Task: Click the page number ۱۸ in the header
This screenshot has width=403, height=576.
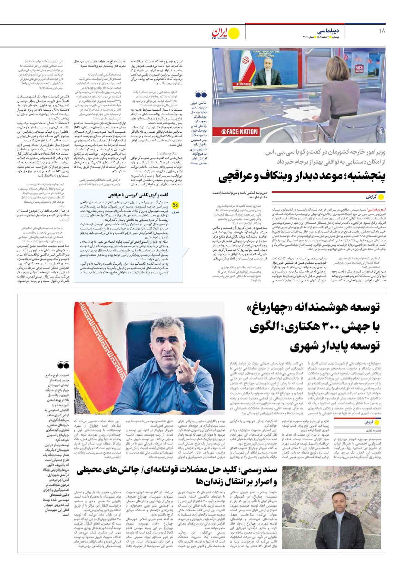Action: [382, 31]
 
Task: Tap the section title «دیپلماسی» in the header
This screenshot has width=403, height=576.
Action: [328, 31]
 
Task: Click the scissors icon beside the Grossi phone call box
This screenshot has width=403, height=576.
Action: [175, 205]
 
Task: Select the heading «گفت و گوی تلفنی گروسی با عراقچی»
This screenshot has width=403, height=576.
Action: [138, 195]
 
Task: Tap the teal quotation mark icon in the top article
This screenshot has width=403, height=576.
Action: [201, 94]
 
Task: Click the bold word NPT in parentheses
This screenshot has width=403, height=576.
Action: [77, 127]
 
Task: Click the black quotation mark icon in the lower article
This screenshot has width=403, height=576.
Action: [63, 365]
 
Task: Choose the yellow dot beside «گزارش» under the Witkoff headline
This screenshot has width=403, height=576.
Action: [381, 197]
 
